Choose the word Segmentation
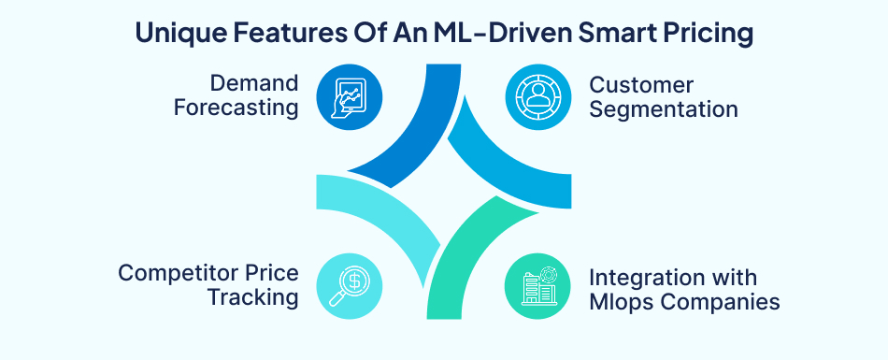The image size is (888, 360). [x=664, y=108]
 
